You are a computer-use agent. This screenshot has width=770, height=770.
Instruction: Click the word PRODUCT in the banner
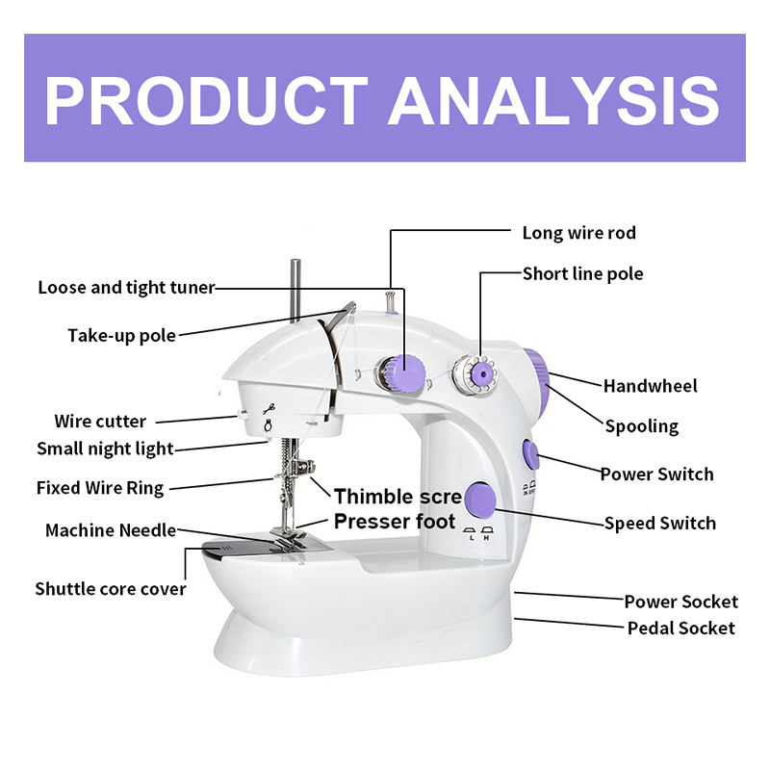coord(206,99)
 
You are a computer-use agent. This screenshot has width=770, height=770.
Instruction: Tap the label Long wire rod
coord(578,233)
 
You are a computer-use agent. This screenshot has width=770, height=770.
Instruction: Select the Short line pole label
coord(582,274)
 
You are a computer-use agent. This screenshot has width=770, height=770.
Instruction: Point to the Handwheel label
coord(651,386)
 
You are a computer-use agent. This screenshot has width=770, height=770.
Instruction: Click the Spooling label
coord(641,426)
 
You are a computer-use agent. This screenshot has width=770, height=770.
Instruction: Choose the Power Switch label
coord(656,475)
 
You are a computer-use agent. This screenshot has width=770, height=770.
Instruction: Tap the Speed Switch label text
coord(660,524)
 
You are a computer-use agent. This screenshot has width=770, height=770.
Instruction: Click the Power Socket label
coord(680,602)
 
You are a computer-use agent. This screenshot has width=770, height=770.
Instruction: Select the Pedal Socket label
coord(680,629)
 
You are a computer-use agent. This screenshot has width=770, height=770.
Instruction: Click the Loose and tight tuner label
coord(126,288)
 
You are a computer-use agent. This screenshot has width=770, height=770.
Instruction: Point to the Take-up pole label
coord(121,336)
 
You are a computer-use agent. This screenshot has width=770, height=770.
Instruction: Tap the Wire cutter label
coord(100,422)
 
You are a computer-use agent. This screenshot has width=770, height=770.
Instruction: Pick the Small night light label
coord(105,449)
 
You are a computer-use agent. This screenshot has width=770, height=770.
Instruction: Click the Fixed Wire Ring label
coord(100,488)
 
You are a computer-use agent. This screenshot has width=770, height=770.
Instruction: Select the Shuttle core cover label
coord(111,588)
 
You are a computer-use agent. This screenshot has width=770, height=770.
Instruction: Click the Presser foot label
coord(395,523)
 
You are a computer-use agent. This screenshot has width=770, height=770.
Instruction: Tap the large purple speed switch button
coord(479,499)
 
